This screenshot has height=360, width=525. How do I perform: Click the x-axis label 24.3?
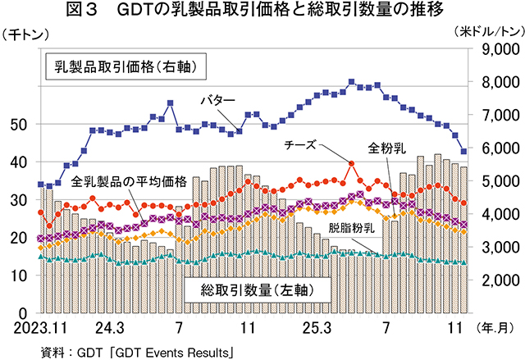click(109, 329)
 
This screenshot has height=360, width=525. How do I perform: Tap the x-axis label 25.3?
click(316, 329)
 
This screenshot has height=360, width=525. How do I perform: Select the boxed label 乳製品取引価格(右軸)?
click(124, 65)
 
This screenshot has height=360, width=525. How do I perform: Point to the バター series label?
click(219, 100)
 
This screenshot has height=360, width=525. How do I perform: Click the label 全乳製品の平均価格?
click(129, 180)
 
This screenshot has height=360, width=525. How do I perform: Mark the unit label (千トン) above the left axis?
click(27, 34)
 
